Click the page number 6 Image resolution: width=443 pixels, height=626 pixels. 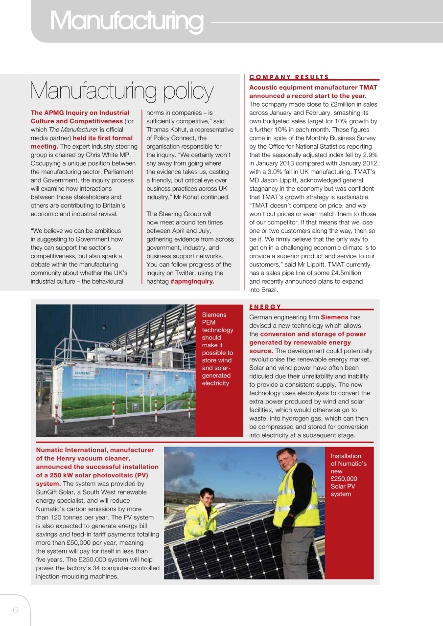[15, 610]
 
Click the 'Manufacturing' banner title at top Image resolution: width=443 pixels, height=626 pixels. [126, 21]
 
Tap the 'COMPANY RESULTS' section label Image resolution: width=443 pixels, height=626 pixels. [289, 77]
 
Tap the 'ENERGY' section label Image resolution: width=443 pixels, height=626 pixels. [265, 307]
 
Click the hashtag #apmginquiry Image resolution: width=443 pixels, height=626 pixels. [192, 281]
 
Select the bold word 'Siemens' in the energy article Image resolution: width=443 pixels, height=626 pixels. [334, 317]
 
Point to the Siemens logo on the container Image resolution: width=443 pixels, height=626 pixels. [82, 373]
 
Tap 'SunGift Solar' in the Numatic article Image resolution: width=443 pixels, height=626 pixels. [55, 492]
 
